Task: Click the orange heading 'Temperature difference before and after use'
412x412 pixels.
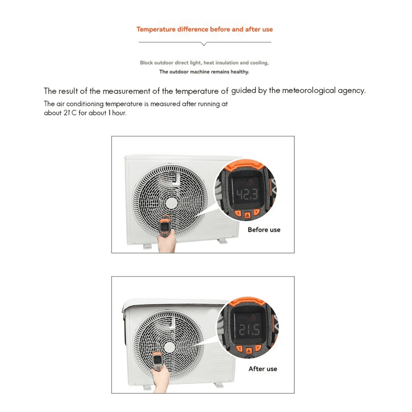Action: pyautogui.click(x=205, y=30)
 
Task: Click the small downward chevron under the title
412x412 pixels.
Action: pyautogui.click(x=204, y=44)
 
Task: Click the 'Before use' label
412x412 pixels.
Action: pyautogui.click(x=264, y=230)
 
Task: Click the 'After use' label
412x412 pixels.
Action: pyautogui.click(x=263, y=369)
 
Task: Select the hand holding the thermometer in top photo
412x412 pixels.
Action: pyautogui.click(x=167, y=243)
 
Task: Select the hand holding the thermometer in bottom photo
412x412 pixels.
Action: pyautogui.click(x=161, y=379)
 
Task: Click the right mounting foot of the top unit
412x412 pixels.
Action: pyautogui.click(x=222, y=241)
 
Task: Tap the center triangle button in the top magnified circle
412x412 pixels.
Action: pyautogui.click(x=247, y=215)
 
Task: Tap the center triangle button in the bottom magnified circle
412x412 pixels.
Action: pyautogui.click(x=249, y=351)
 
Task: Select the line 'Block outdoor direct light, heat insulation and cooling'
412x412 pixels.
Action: pyautogui.click(x=204, y=63)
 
